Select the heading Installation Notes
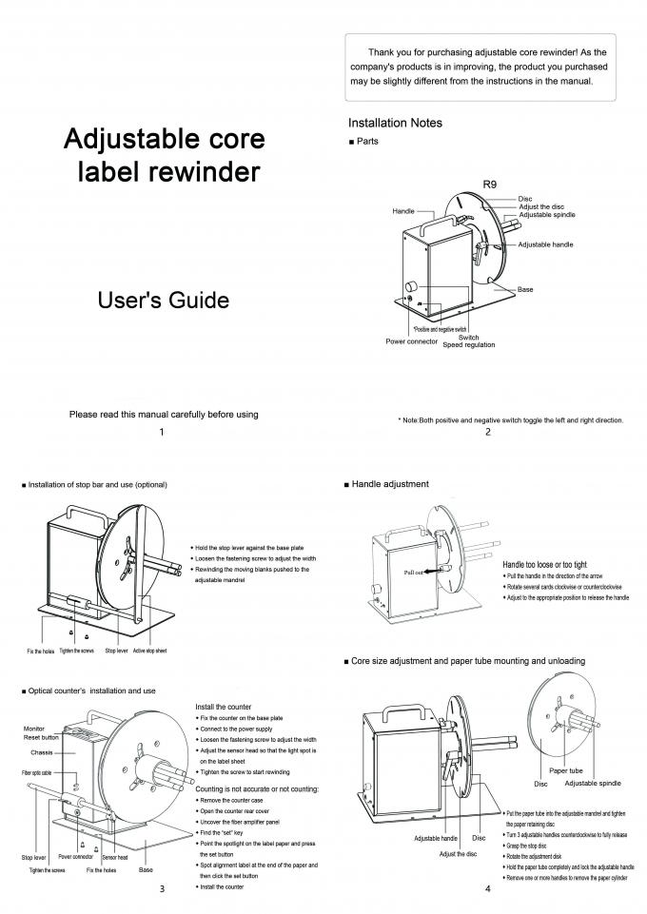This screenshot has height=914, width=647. pyautogui.click(x=395, y=123)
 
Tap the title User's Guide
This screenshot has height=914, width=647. pyautogui.click(x=164, y=301)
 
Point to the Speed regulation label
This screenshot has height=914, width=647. pyautogui.click(x=468, y=344)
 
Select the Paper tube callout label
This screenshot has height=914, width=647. pyautogui.click(x=565, y=770)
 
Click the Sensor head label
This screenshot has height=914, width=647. pyautogui.click(x=115, y=857)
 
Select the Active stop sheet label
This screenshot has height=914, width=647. pyautogui.click(x=149, y=651)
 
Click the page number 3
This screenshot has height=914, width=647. pyautogui.click(x=162, y=890)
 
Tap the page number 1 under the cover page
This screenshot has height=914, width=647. pyautogui.click(x=162, y=432)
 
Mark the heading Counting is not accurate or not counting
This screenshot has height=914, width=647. pyautogui.click(x=257, y=789)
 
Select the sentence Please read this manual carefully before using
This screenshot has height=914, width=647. pyautogui.click(x=164, y=415)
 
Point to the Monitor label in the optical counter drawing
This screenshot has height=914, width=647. pyautogui.click(x=33, y=728)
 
